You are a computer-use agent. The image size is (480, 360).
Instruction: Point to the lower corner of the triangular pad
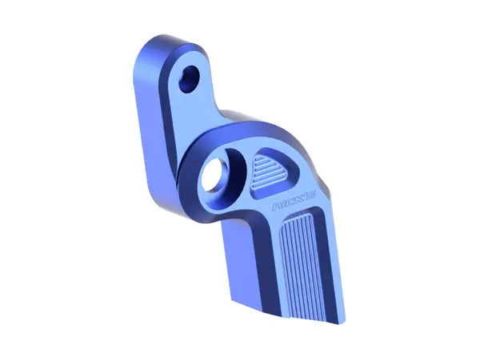[256, 192]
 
